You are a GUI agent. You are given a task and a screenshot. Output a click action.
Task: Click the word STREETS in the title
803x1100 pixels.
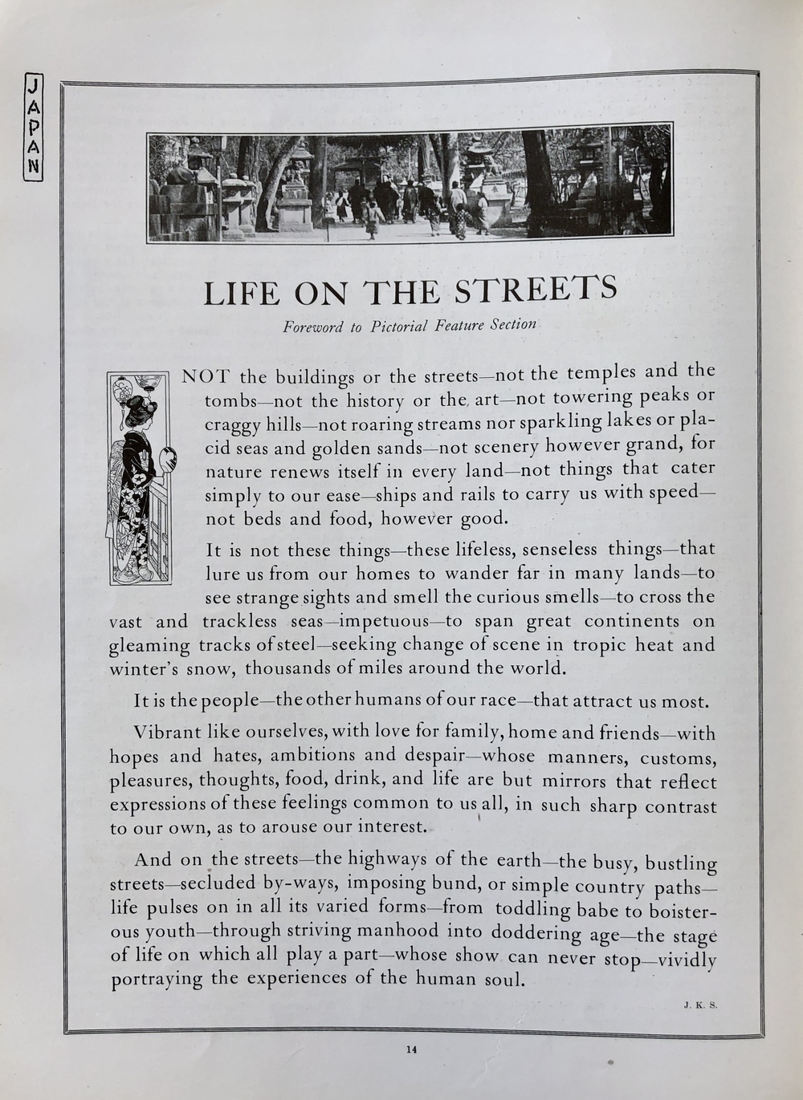pos(536,290)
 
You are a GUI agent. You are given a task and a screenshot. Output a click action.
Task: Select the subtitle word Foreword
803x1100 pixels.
pos(312,327)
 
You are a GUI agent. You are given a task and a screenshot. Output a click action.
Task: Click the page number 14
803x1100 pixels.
pos(411,1048)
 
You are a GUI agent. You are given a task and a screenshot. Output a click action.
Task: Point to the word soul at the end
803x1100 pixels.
pos(503,979)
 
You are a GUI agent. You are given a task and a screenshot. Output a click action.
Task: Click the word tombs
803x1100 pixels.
pos(229,401)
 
